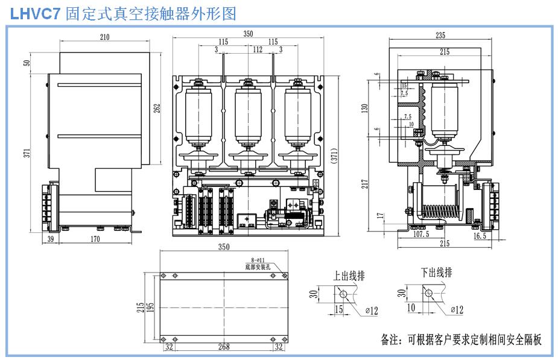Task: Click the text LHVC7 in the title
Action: point(36,13)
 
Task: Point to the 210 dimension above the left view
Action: point(105,37)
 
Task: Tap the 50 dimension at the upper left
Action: point(27,63)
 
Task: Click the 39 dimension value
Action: point(50,240)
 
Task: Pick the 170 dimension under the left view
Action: point(95,240)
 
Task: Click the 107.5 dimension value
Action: point(421,234)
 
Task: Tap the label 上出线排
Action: point(349,276)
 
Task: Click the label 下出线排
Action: point(436,273)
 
